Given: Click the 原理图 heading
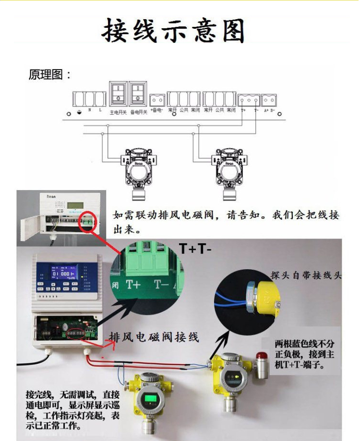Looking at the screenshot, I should [50, 75].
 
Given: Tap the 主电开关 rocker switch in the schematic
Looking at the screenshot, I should [118, 94].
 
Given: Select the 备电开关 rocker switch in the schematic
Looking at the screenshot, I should [138, 94].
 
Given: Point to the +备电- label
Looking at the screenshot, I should [157, 110].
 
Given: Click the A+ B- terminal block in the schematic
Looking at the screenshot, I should [269, 100].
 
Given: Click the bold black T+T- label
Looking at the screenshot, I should [195, 248].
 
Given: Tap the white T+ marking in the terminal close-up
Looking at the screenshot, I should [133, 284].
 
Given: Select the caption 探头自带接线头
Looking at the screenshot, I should [306, 275].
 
